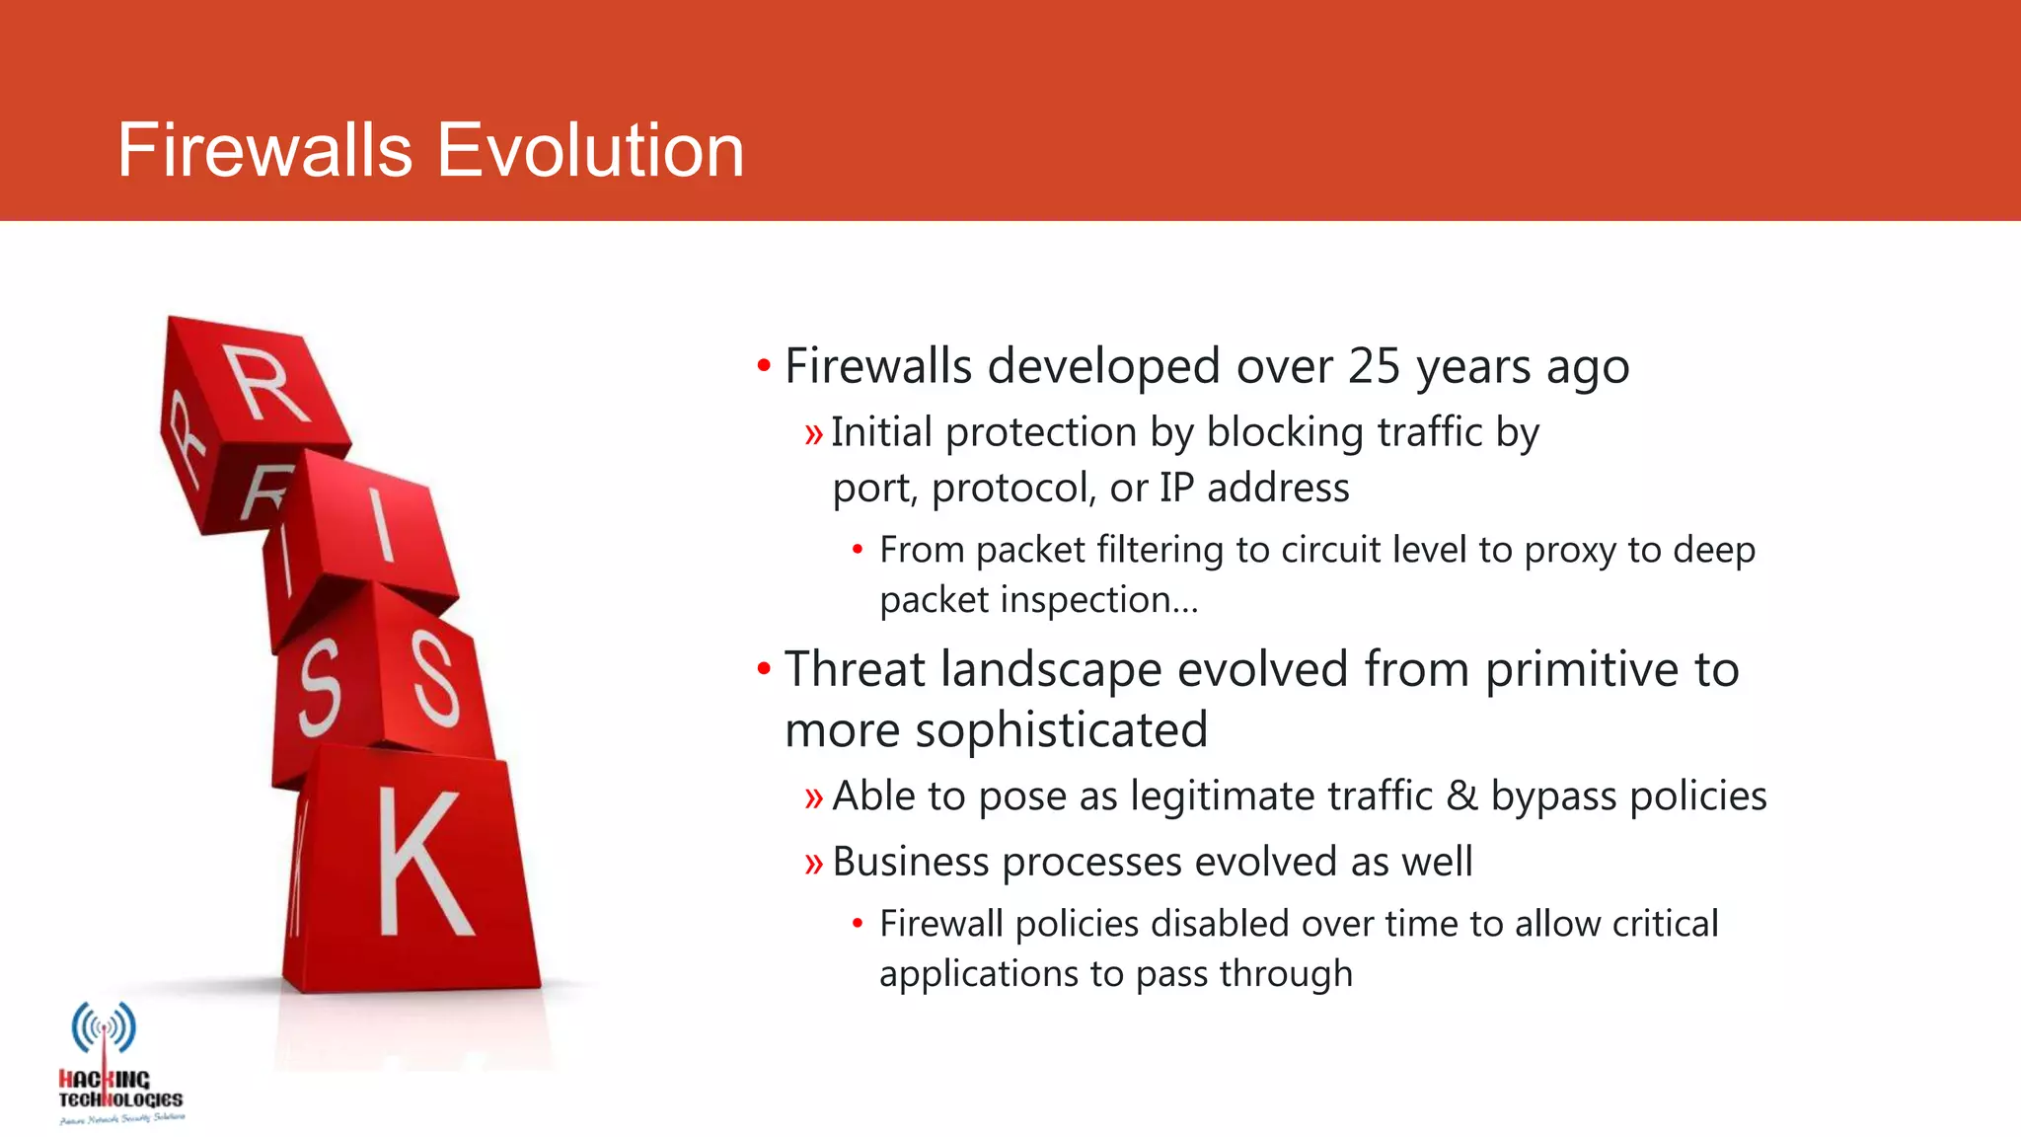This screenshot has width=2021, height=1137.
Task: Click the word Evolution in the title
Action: click(x=589, y=150)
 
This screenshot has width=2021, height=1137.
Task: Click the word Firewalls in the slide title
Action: click(x=264, y=150)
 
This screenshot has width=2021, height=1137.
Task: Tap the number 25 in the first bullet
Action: click(x=1374, y=366)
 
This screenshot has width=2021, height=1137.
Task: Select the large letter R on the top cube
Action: click(x=264, y=385)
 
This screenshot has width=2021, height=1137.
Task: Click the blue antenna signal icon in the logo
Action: click(x=104, y=1027)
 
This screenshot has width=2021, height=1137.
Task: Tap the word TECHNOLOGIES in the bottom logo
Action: click(x=120, y=1099)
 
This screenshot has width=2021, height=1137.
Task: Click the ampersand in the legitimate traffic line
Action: click(x=1461, y=796)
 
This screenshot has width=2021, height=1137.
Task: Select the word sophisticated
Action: click(x=1061, y=730)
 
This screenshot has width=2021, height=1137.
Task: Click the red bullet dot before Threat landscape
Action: click(x=763, y=669)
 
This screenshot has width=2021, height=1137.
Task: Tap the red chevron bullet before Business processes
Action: click(x=813, y=864)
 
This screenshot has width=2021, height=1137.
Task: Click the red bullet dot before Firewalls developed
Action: click(x=763, y=366)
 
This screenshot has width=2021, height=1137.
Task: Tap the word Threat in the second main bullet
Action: click(x=855, y=669)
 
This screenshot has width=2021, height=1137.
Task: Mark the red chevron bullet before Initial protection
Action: click(x=813, y=434)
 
